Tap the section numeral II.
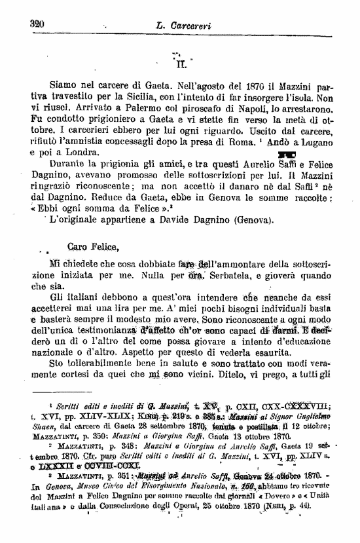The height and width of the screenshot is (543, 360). tap(181, 65)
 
